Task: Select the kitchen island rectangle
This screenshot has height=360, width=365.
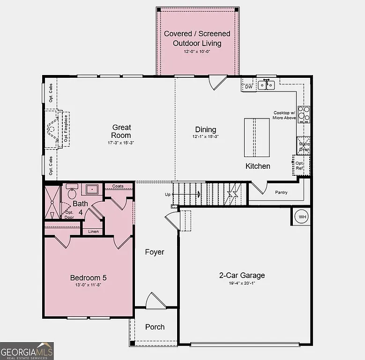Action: click(256, 137)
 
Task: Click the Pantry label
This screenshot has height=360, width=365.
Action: click(281, 192)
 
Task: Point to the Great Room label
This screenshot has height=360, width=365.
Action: click(121, 131)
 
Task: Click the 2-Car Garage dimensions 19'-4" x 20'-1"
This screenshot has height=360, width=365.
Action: click(243, 283)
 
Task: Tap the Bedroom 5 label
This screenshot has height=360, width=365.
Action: click(89, 277)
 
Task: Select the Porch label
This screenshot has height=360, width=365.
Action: click(155, 327)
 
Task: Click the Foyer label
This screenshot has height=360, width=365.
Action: click(154, 252)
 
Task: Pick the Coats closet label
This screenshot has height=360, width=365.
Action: click(118, 186)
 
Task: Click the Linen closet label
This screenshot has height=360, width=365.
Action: click(93, 231)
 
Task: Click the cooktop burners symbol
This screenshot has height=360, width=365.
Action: click(304, 114)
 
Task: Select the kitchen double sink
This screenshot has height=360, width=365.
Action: click(268, 85)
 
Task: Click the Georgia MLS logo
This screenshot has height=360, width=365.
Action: click(27, 351)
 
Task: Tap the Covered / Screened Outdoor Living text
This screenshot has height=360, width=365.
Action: click(197, 38)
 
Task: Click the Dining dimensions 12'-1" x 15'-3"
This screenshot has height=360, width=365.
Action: click(206, 136)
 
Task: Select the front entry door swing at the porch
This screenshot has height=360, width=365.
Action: click(155, 301)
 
